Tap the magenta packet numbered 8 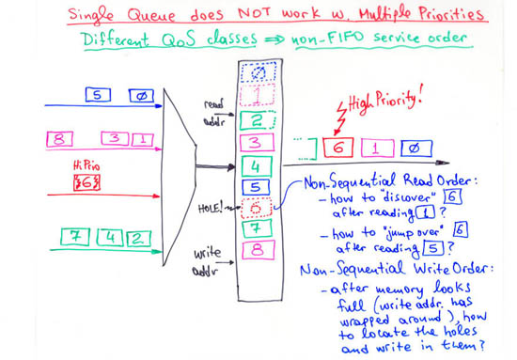click(x=61, y=139)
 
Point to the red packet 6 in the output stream click(x=335, y=149)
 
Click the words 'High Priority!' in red click(x=384, y=101)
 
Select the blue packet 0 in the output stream click(x=410, y=149)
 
